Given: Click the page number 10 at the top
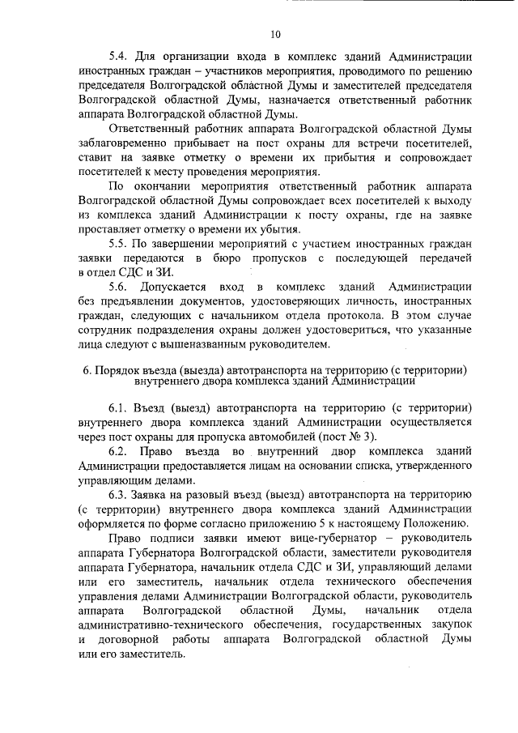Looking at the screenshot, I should [x=275, y=35].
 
